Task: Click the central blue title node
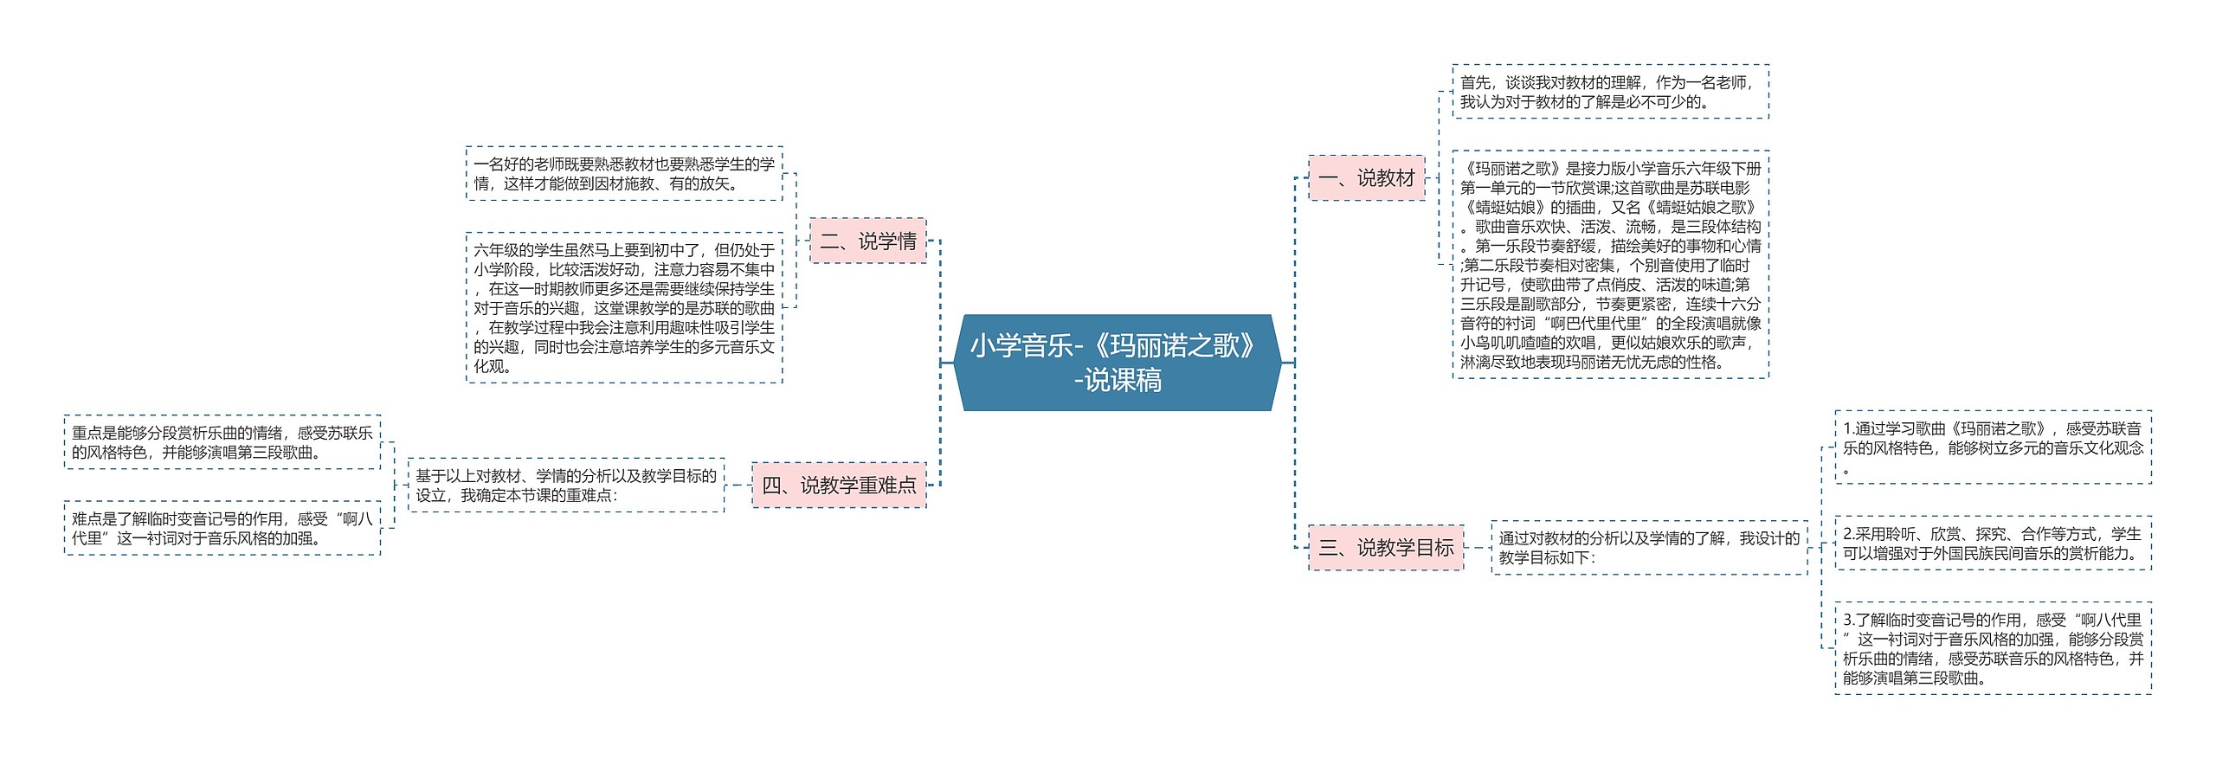pos(1117,362)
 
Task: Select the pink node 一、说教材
pos(1366,177)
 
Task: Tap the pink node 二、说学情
pos(867,241)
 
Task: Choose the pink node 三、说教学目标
pos(1385,547)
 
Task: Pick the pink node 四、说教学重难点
pos(838,485)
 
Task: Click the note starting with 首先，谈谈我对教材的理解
pos(1609,92)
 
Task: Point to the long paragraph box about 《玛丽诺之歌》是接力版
pos(1609,265)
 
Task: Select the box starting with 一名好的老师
pos(623,173)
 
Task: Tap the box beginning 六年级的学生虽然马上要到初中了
pos(623,307)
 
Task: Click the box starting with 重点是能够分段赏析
pos(222,441)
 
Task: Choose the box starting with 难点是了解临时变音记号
pos(222,528)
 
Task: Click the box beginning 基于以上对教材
pos(565,485)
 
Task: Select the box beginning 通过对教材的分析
pos(1648,547)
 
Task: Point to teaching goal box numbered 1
pos(1992,447)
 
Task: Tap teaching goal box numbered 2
pos(1992,544)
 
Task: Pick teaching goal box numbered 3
pos(1992,648)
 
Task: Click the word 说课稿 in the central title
pos(1123,381)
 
